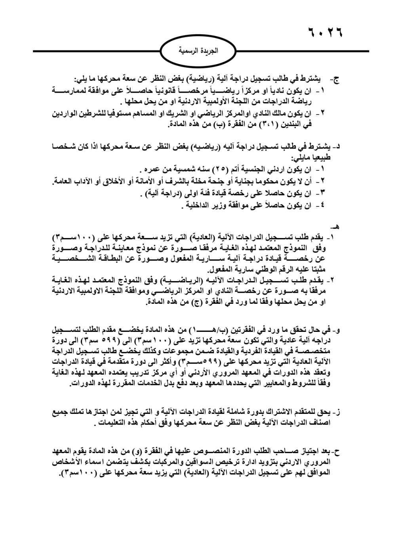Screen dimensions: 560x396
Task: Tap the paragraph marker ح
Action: (337, 451)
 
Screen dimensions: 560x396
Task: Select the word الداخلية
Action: (198, 205)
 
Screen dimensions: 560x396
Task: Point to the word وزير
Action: (220, 205)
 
